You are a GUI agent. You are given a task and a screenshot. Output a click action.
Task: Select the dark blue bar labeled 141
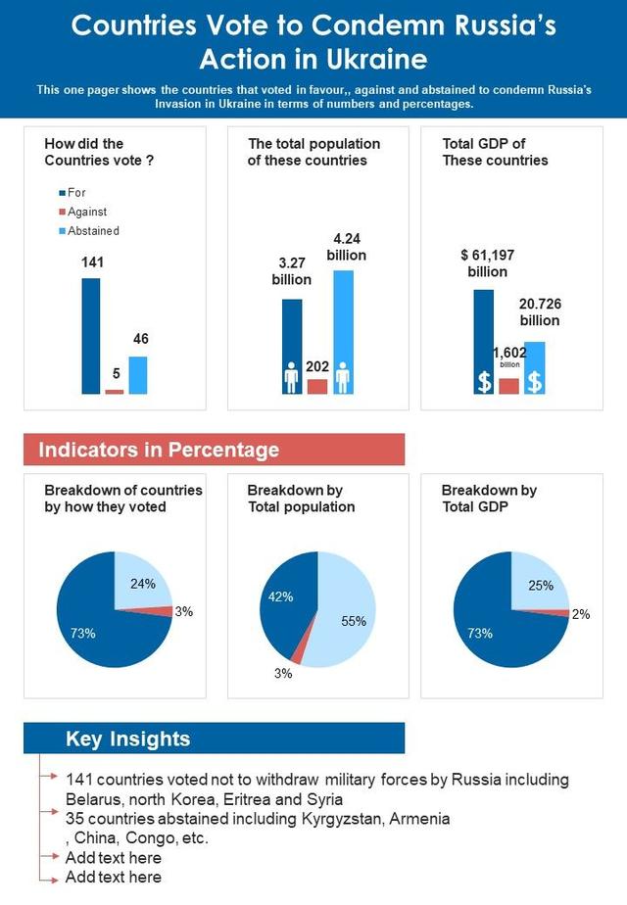(x=90, y=335)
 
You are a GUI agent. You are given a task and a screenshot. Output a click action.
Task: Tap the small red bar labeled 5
(x=115, y=391)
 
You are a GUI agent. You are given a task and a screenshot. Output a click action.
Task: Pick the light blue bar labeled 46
(x=138, y=374)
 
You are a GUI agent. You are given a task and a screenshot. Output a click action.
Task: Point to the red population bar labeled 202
(x=317, y=386)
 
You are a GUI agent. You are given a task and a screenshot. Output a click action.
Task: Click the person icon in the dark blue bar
(x=291, y=377)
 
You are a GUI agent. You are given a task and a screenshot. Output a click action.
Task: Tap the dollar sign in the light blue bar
(x=534, y=381)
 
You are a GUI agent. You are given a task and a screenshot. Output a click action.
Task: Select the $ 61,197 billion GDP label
(x=487, y=262)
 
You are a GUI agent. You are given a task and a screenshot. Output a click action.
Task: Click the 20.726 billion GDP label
(x=540, y=312)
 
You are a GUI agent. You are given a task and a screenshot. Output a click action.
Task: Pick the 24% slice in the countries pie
(x=141, y=582)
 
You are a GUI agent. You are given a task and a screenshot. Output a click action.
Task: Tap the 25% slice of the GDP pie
(x=538, y=582)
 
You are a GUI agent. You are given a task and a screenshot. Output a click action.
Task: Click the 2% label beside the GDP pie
(x=581, y=614)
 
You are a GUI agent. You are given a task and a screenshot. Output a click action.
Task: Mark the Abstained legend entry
(x=94, y=231)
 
